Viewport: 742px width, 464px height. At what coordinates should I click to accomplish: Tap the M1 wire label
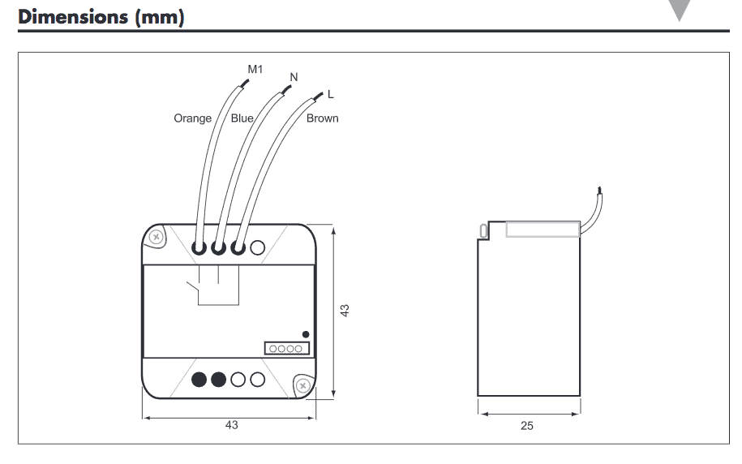(x=255, y=71)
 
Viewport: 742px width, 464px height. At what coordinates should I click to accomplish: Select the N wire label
(x=294, y=77)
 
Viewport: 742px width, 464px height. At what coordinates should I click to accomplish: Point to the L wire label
(x=330, y=95)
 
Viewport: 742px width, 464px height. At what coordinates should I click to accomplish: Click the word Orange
(x=192, y=118)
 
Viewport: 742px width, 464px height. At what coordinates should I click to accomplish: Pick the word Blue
(x=242, y=118)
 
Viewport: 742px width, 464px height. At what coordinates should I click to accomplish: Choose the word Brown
(x=322, y=118)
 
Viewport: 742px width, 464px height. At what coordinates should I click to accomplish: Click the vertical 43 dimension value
(x=345, y=311)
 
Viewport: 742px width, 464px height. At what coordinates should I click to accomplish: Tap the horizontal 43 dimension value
(x=232, y=426)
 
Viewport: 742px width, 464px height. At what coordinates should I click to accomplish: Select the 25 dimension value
(x=527, y=426)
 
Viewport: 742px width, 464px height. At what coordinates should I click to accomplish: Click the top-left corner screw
(x=157, y=237)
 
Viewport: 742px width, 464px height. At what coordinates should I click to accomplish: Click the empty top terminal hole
(x=258, y=248)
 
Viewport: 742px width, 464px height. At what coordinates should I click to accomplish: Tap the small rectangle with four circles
(x=286, y=348)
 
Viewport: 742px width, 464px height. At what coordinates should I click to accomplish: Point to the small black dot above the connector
(x=305, y=334)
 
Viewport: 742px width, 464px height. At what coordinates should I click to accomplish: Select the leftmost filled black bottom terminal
(x=199, y=379)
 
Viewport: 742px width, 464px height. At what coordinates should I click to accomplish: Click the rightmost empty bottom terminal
(x=258, y=379)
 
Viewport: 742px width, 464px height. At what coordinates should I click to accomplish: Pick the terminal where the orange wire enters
(x=199, y=248)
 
